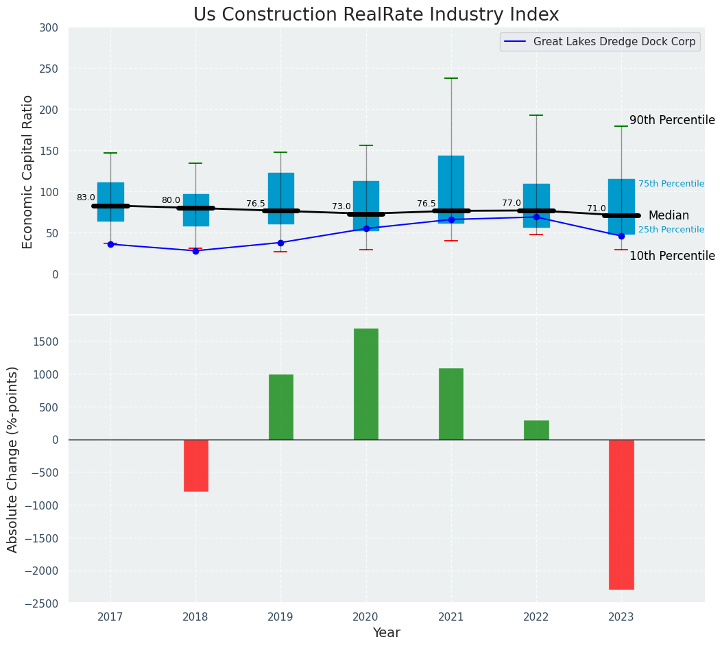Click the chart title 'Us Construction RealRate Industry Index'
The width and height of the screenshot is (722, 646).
pos(376,15)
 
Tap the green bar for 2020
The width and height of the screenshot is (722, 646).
pos(366,384)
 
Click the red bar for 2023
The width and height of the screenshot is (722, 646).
pos(621,514)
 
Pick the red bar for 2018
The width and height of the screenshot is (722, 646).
pos(195,466)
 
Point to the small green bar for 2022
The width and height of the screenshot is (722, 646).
pos(536,430)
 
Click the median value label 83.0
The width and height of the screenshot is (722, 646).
pos(86,198)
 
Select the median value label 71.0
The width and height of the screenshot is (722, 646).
pos(597,208)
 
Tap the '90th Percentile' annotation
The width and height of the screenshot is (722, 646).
pos(672,120)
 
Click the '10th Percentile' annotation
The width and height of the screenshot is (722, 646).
pos(672,256)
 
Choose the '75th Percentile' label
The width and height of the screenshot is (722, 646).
pos(671,184)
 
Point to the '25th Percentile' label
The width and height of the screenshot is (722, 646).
pos(671,230)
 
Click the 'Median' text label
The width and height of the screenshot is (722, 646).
pos(669,215)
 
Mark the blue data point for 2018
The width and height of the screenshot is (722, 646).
pos(195,251)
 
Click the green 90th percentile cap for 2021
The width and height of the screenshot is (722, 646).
pos(451,78)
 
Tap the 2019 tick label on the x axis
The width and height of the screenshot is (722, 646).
pos(280,617)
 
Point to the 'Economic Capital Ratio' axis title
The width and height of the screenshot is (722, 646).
pos(27,171)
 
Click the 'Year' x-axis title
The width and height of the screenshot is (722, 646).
pos(386,633)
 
